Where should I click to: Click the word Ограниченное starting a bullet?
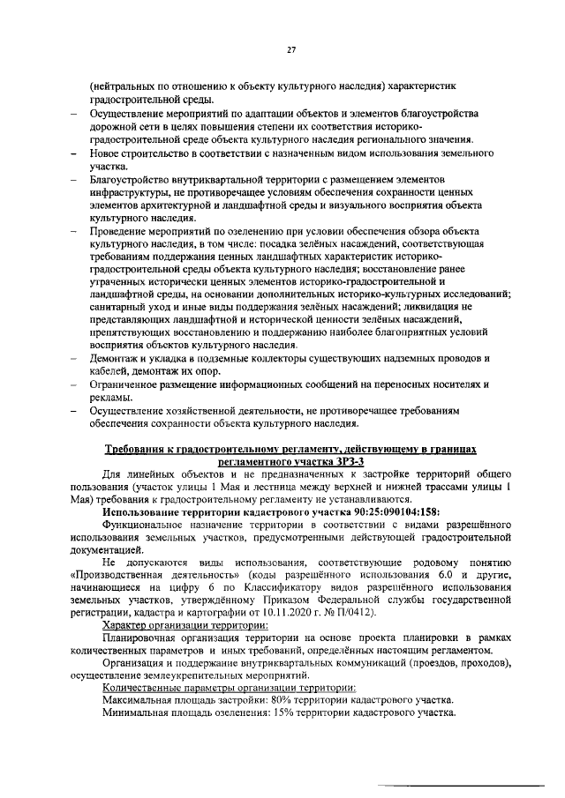click(127, 384)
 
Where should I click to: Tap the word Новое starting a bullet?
click(106, 153)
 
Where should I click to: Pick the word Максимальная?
click(141, 699)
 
